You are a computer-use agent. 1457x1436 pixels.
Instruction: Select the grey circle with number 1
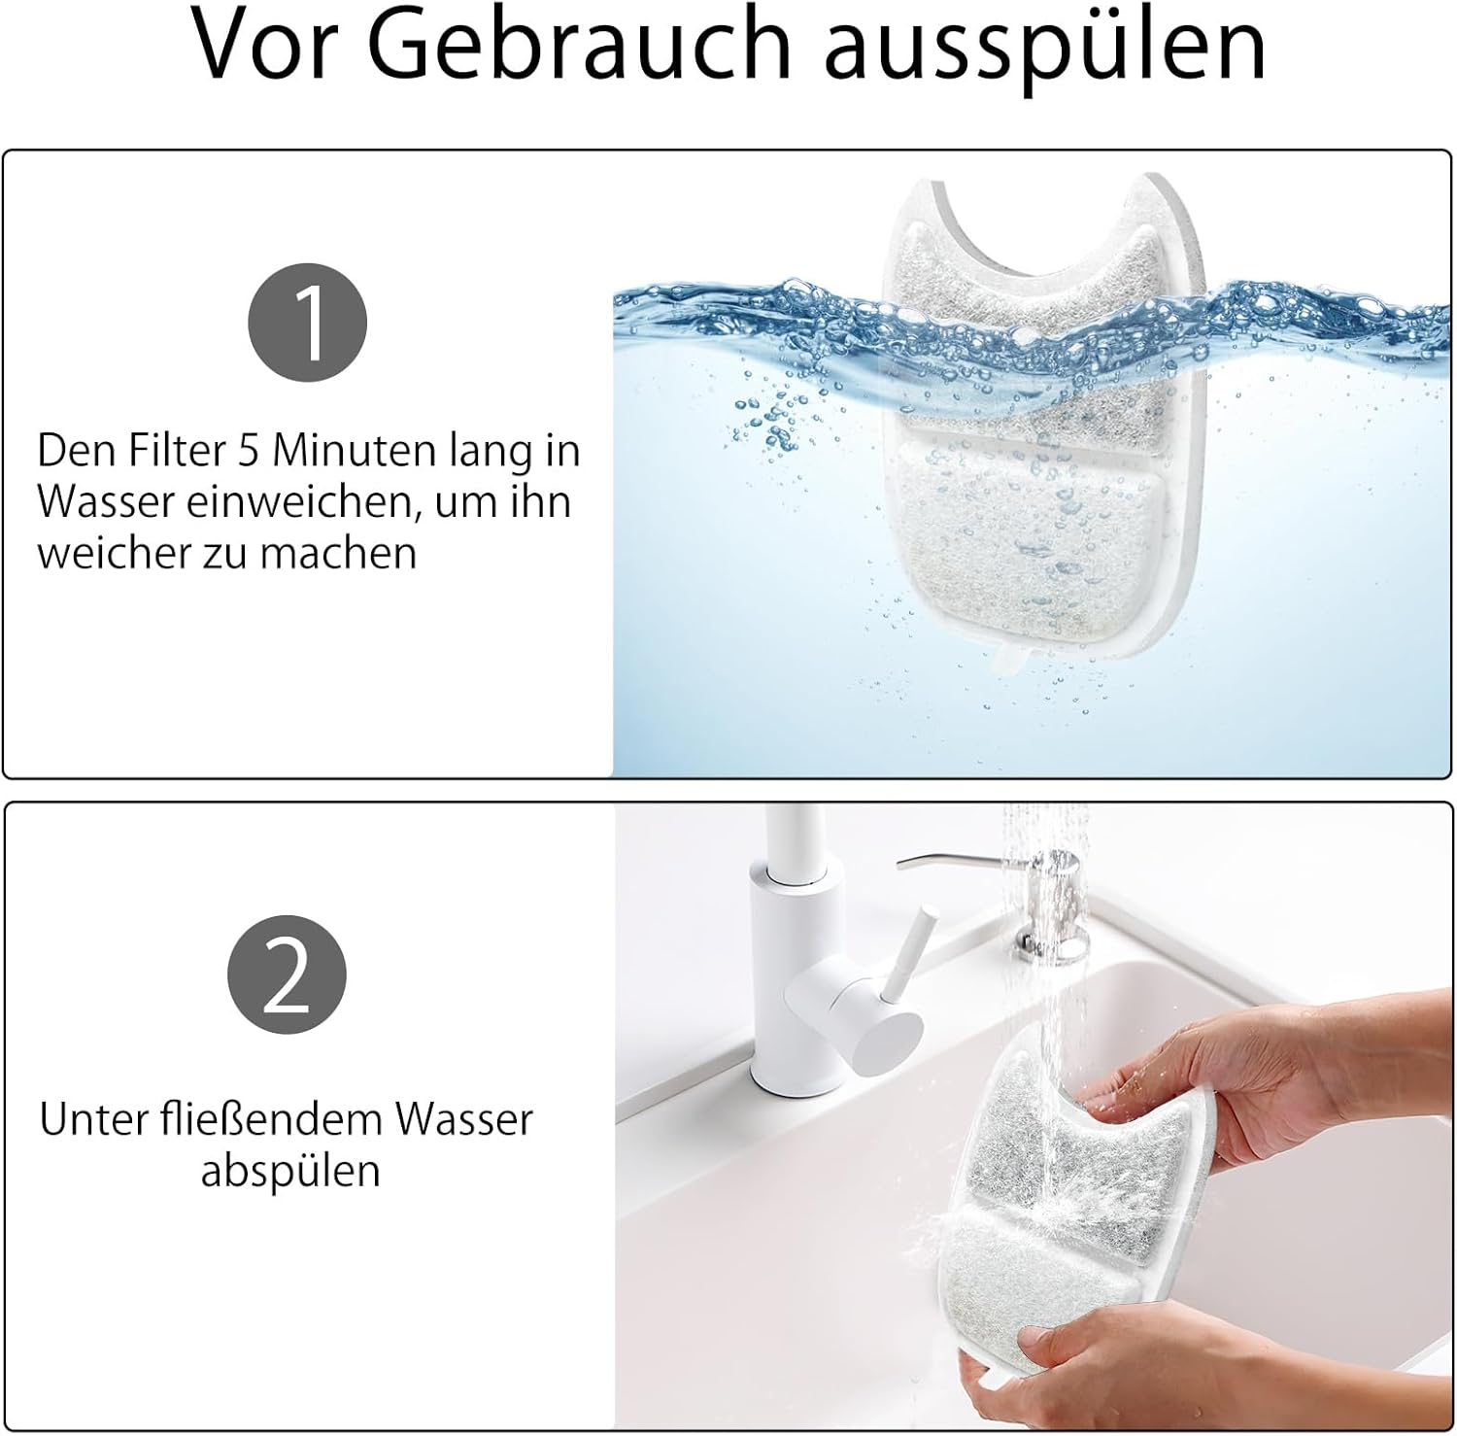308,323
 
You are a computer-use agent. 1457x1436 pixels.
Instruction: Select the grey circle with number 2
287,975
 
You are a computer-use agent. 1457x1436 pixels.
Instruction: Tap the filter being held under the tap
1088,1214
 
